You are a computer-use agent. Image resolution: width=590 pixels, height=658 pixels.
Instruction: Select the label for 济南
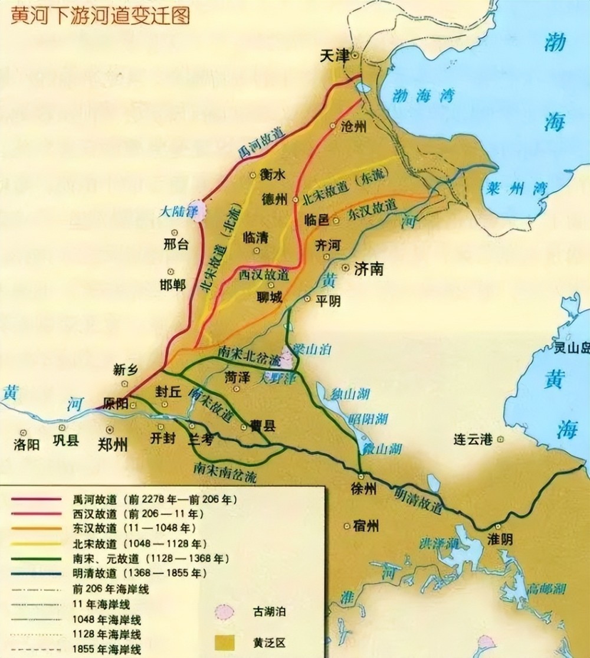click(369, 269)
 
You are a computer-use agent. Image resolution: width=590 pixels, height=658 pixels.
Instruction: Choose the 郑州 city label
click(112, 444)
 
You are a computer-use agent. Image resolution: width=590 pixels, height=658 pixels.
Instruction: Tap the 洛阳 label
click(26, 444)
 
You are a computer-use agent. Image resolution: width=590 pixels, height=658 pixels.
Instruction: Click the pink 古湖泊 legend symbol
click(224, 613)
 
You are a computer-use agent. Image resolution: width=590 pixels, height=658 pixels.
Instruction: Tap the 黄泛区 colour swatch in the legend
click(224, 641)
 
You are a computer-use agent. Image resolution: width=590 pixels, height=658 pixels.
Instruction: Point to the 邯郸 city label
click(173, 284)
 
